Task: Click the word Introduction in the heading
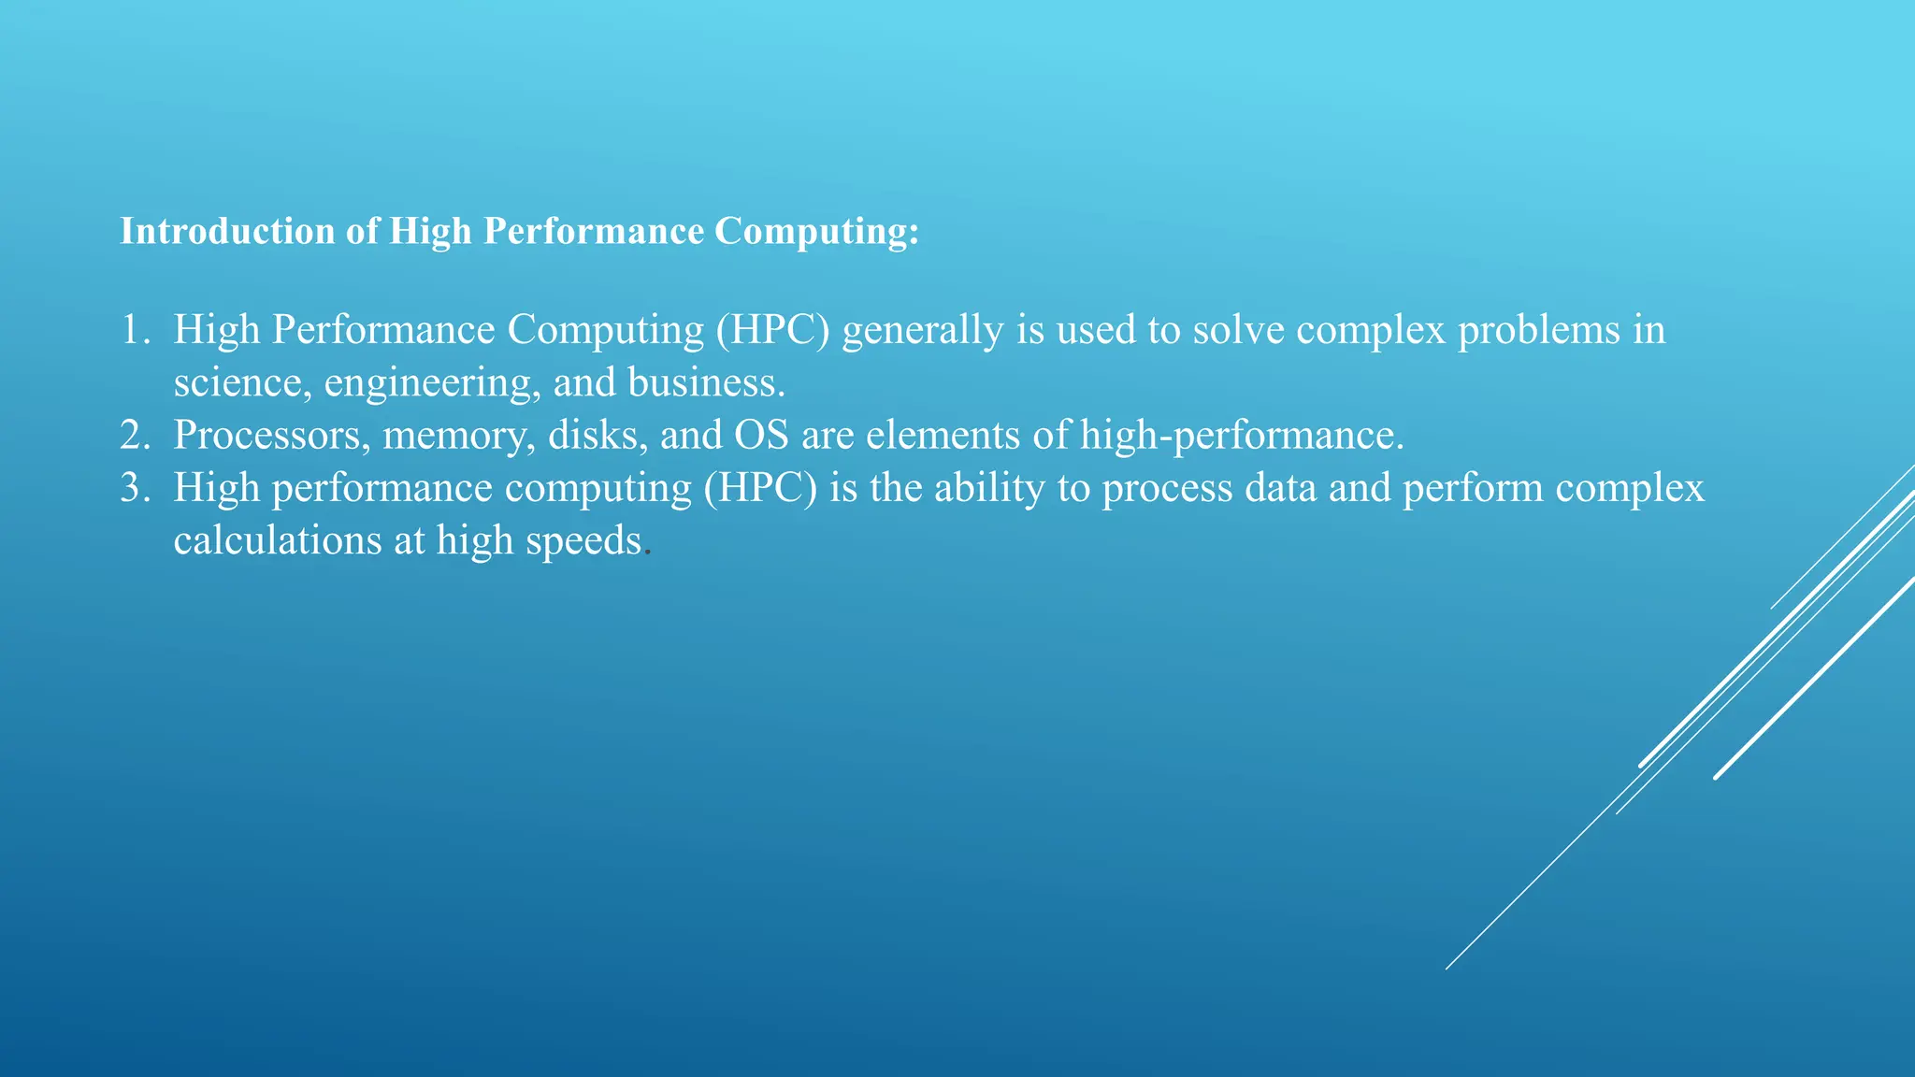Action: [x=227, y=231]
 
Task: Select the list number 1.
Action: [x=133, y=330]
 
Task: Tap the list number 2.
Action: [x=133, y=436]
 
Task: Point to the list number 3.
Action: [x=133, y=488]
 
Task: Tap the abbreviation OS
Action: [x=761, y=436]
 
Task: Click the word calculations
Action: [x=277, y=540]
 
